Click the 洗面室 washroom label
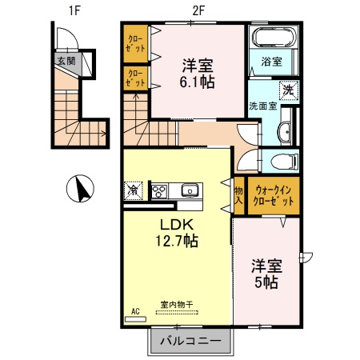(x=261, y=106)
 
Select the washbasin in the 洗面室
(x=286, y=133)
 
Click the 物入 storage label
(x=238, y=195)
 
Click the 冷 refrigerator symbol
(x=133, y=190)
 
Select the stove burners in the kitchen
(x=160, y=190)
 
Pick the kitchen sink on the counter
(x=190, y=190)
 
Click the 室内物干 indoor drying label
(x=176, y=303)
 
